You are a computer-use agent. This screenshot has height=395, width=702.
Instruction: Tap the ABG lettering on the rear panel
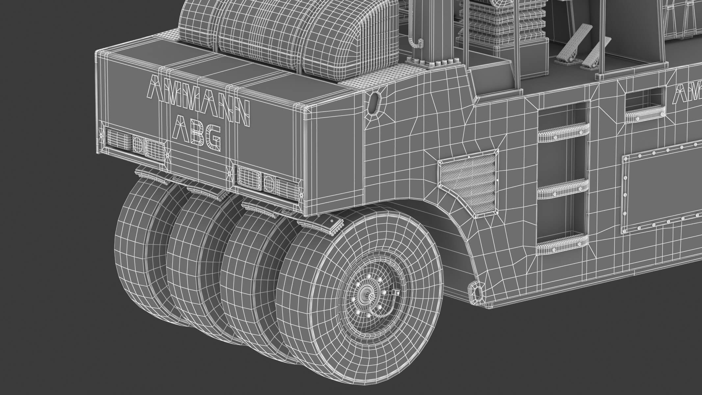(x=197, y=136)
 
